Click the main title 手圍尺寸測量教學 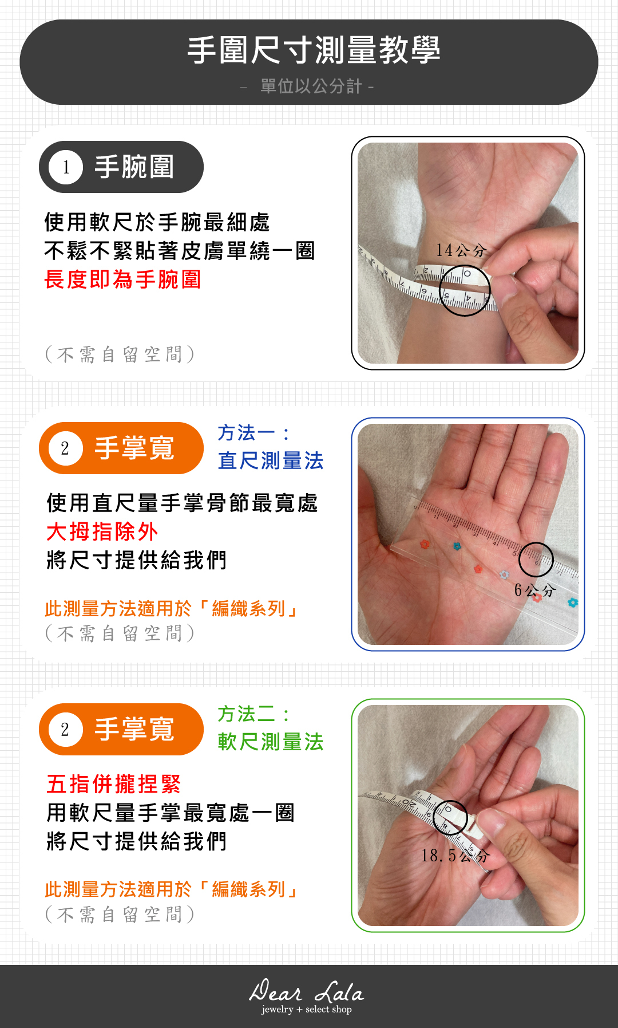[314, 50]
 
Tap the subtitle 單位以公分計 [311, 86]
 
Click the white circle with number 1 [66, 167]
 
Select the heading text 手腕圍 [134, 167]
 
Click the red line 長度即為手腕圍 [122, 279]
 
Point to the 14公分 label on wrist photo [461, 250]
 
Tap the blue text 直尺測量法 [271, 460]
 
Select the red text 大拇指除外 [102, 531]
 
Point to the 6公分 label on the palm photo [534, 590]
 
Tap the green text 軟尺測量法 [271, 742]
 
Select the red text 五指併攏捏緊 [114, 784]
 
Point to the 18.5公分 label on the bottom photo [455, 856]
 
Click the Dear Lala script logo [307, 991]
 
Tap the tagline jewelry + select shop [307, 1009]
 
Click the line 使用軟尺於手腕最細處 [157, 222]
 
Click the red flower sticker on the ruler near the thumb [425, 544]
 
